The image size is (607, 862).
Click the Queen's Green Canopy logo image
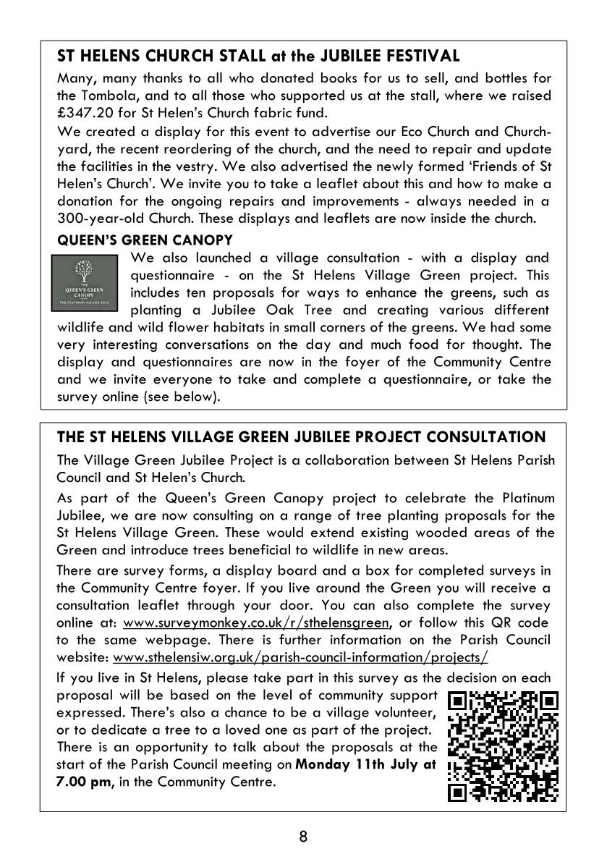pos(90,285)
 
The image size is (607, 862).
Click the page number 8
pos(303,837)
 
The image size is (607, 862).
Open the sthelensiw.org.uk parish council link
pos(301,658)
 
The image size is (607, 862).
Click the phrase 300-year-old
pos(95,216)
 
